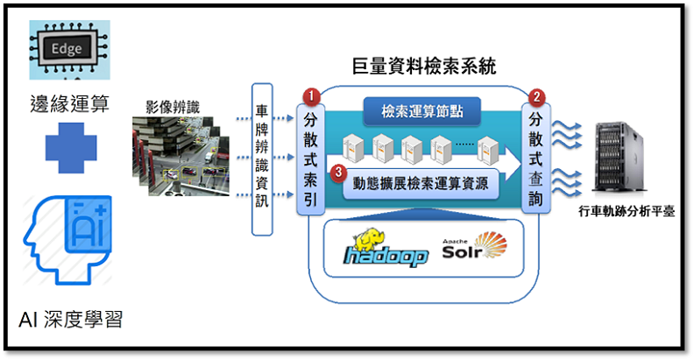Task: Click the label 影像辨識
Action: [173, 108]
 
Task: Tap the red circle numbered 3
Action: [340, 173]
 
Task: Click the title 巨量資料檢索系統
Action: [421, 66]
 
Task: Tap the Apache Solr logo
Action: [474, 249]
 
